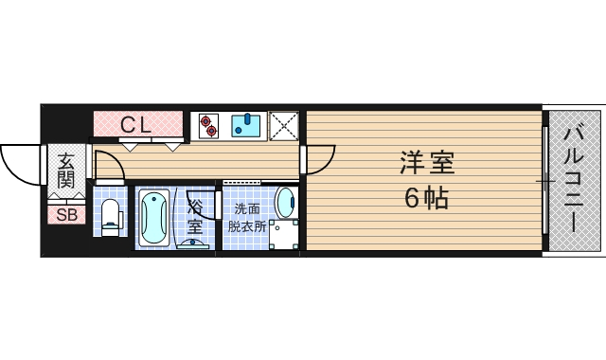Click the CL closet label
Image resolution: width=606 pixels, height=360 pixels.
point(138,123)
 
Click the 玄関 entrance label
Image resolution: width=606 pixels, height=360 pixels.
point(65,170)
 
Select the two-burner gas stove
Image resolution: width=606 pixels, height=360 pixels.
point(207,125)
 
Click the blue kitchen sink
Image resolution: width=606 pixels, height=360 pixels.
point(247,125)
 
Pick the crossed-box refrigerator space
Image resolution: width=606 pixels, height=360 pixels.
point(283,125)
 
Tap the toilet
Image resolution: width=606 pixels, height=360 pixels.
point(109,217)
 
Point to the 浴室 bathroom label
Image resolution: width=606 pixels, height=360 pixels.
point(196,215)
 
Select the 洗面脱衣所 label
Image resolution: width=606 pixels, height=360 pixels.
point(244,217)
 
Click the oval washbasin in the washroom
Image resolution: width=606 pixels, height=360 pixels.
point(284,202)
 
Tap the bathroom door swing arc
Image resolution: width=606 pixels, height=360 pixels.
point(177,213)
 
